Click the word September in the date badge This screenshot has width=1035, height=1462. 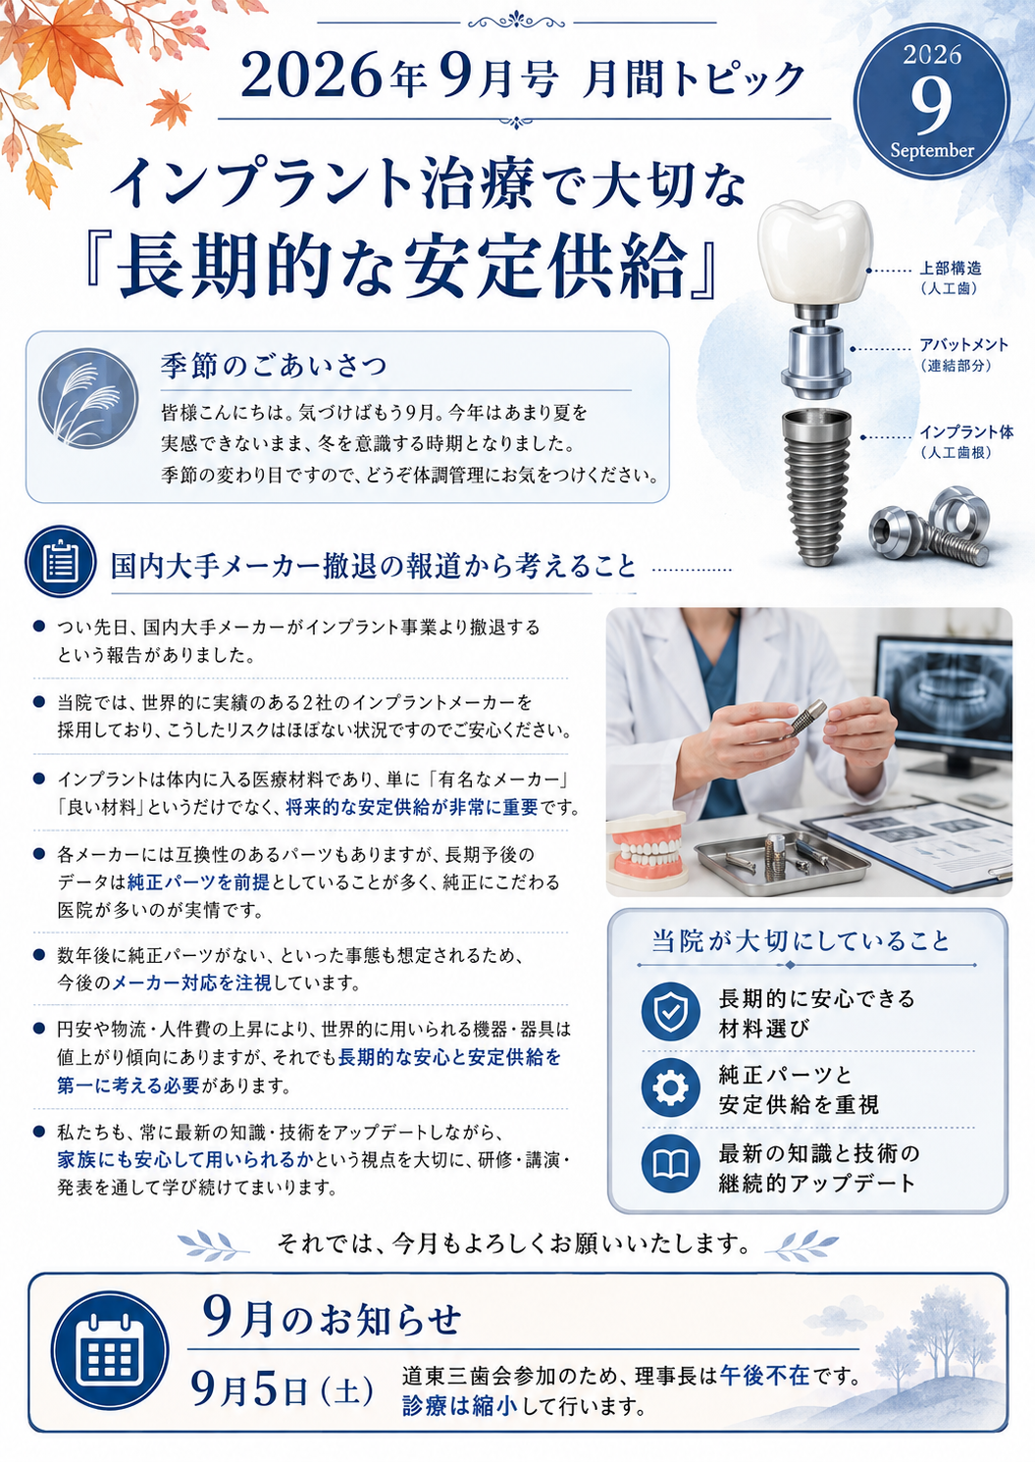tap(932, 151)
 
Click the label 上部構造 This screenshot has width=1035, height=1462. tap(950, 268)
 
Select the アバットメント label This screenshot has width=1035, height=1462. tap(963, 344)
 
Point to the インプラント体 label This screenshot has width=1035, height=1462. tap(966, 432)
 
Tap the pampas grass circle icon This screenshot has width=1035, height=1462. tap(88, 398)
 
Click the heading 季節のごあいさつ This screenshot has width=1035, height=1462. tap(275, 366)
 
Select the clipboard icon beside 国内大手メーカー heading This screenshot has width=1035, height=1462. tap(60, 562)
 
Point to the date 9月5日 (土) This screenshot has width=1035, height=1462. tap(283, 1390)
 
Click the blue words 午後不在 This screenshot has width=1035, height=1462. tap(764, 1376)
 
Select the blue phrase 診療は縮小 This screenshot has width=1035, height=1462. tap(460, 1406)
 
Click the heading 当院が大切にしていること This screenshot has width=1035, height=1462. tap(802, 941)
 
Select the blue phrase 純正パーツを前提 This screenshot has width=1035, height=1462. tap(198, 882)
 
